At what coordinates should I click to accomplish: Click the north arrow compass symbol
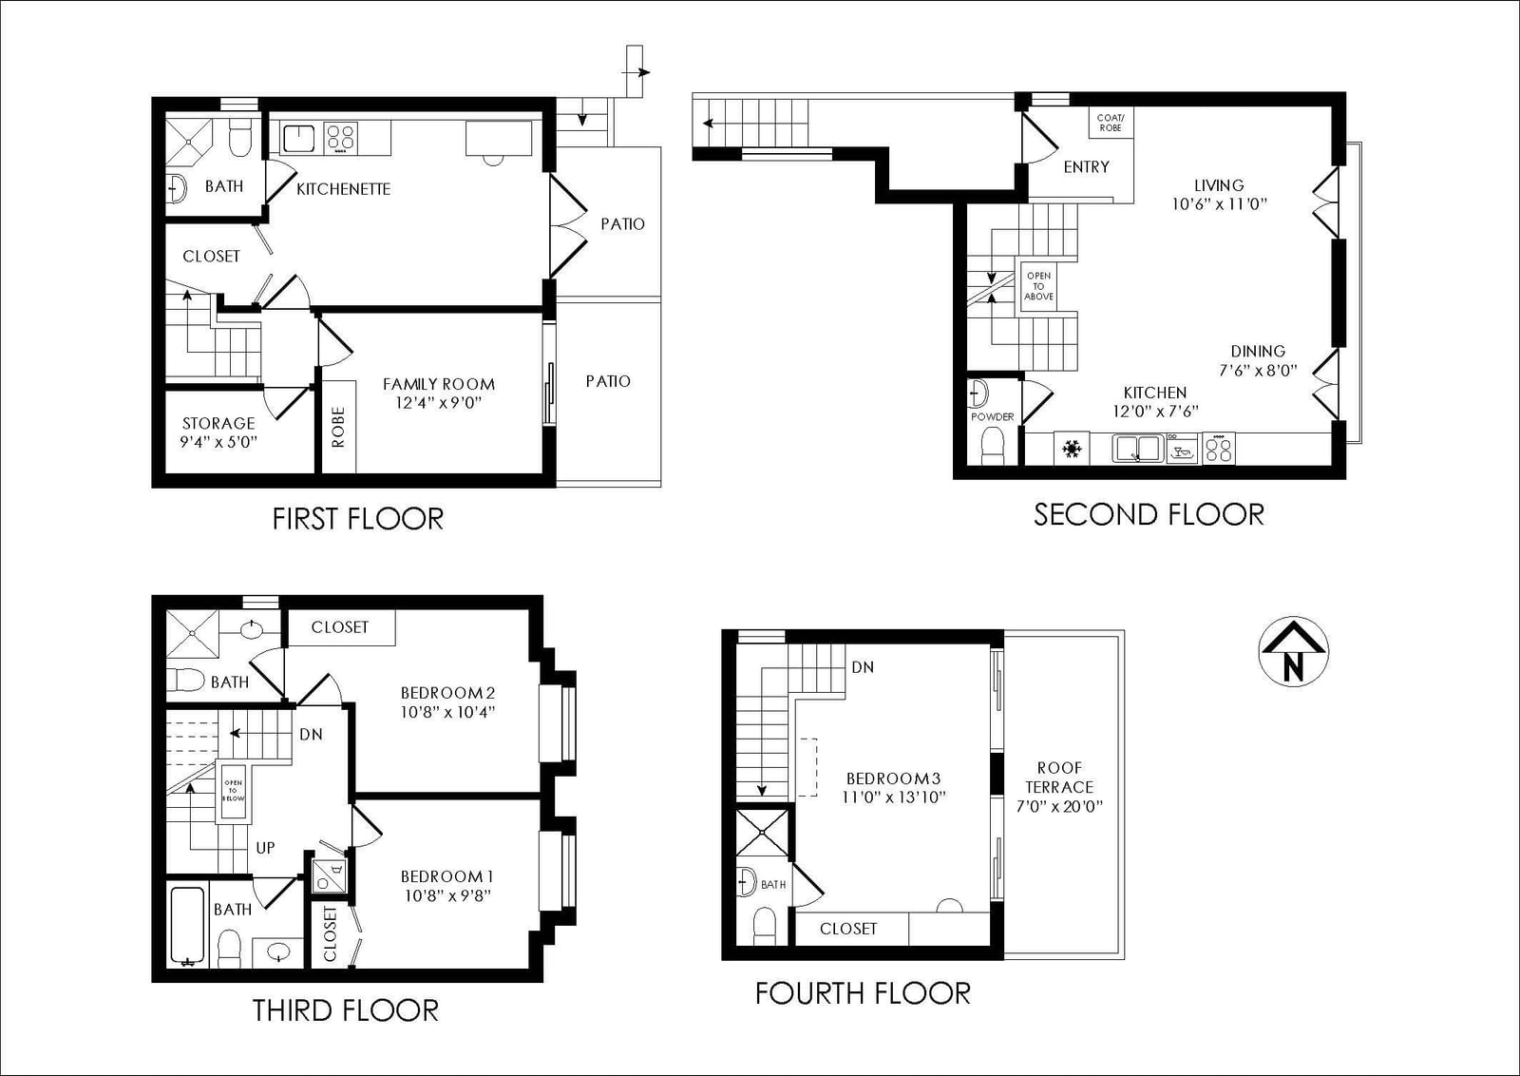tap(1293, 652)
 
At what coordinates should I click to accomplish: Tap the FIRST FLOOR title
tap(357, 519)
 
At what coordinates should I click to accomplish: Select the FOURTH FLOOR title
tap(863, 994)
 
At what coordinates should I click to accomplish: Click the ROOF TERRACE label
tap(1059, 778)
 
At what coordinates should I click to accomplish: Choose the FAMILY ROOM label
tap(438, 384)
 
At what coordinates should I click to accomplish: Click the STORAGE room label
tap(218, 424)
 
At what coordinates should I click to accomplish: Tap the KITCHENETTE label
tap(343, 189)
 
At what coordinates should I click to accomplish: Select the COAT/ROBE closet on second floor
tap(1111, 123)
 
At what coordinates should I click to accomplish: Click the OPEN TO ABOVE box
tap(1039, 286)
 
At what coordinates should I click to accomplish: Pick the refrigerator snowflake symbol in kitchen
tap(1072, 448)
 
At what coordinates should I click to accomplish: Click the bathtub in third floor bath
tap(187, 926)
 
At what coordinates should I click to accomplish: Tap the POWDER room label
tap(992, 417)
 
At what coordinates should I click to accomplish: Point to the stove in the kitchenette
tap(341, 138)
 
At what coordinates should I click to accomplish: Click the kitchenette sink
tap(298, 138)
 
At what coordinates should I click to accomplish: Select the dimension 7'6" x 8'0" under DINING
tap(1258, 371)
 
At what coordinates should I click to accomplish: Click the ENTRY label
tap(1087, 167)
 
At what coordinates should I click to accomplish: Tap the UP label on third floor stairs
tap(265, 848)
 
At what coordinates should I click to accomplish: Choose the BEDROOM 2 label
tap(447, 693)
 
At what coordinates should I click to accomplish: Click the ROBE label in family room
tap(338, 427)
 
